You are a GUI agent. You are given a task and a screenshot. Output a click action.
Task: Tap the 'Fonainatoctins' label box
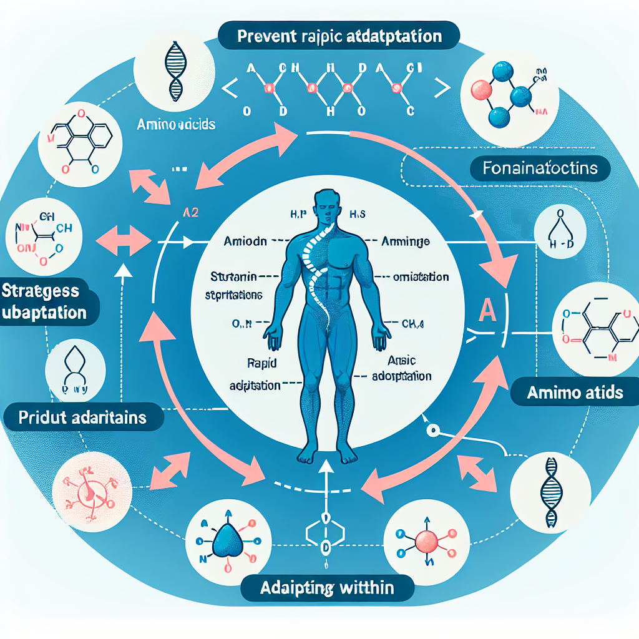(540, 168)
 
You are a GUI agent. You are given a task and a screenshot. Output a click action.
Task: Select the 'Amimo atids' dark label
(575, 393)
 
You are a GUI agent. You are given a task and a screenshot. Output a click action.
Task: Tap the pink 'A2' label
(190, 212)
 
